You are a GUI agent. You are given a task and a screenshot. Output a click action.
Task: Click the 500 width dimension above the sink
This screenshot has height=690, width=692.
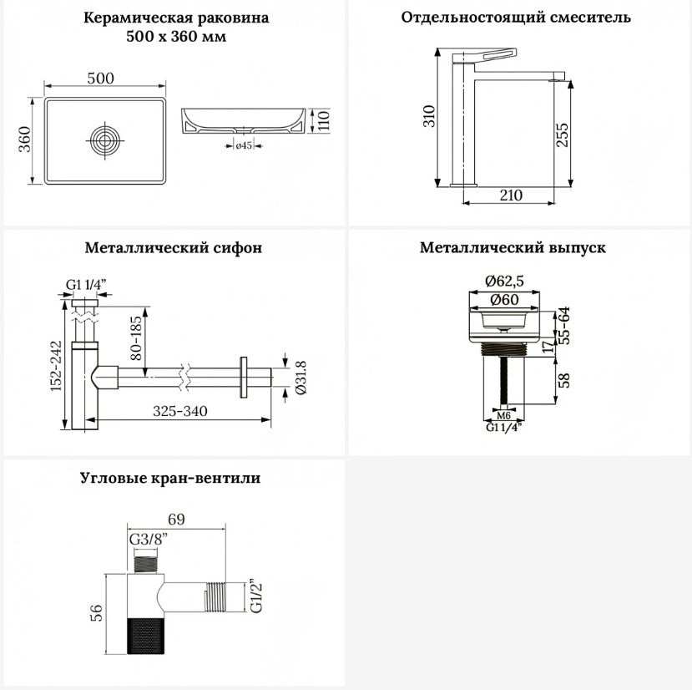coord(101,79)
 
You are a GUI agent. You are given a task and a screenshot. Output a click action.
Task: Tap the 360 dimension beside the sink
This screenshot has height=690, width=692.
coord(25,140)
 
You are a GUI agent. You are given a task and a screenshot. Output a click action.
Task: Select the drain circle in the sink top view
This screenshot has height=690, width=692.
coord(105,140)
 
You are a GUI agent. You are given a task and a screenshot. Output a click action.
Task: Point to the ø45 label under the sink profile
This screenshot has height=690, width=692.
coord(244,145)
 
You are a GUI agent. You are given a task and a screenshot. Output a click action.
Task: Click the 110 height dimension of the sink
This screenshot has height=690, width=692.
coord(324,120)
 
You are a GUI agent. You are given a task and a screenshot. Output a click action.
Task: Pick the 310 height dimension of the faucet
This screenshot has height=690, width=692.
coord(429,116)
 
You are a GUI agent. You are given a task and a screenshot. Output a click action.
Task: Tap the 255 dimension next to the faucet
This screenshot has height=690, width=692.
coord(563,134)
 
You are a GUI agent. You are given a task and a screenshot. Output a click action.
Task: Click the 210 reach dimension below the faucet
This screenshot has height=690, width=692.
coord(511,195)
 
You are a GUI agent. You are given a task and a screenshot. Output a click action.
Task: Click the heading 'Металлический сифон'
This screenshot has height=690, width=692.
coord(174,247)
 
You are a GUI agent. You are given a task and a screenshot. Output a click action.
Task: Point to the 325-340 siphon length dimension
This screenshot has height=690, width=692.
coord(180,411)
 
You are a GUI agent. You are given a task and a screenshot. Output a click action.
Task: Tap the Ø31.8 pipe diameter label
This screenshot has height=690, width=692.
coord(301,377)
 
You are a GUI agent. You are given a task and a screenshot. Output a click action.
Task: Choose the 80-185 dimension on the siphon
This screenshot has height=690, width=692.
coord(137,338)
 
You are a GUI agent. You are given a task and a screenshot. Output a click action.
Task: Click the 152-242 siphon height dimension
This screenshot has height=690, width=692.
coord(56,366)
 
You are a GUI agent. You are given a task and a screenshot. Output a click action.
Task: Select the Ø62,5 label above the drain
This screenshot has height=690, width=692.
coord(504,281)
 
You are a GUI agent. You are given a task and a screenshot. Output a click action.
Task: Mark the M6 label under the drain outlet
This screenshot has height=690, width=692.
coord(503,416)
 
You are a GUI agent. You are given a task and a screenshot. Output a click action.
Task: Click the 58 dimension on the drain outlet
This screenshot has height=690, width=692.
coord(563,380)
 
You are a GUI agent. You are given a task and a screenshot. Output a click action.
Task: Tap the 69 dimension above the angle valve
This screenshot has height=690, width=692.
coord(176,519)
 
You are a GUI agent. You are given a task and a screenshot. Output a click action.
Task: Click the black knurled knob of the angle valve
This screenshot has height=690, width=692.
coord(146,636)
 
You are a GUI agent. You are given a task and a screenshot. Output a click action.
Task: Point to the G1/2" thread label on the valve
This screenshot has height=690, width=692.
coord(256,596)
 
